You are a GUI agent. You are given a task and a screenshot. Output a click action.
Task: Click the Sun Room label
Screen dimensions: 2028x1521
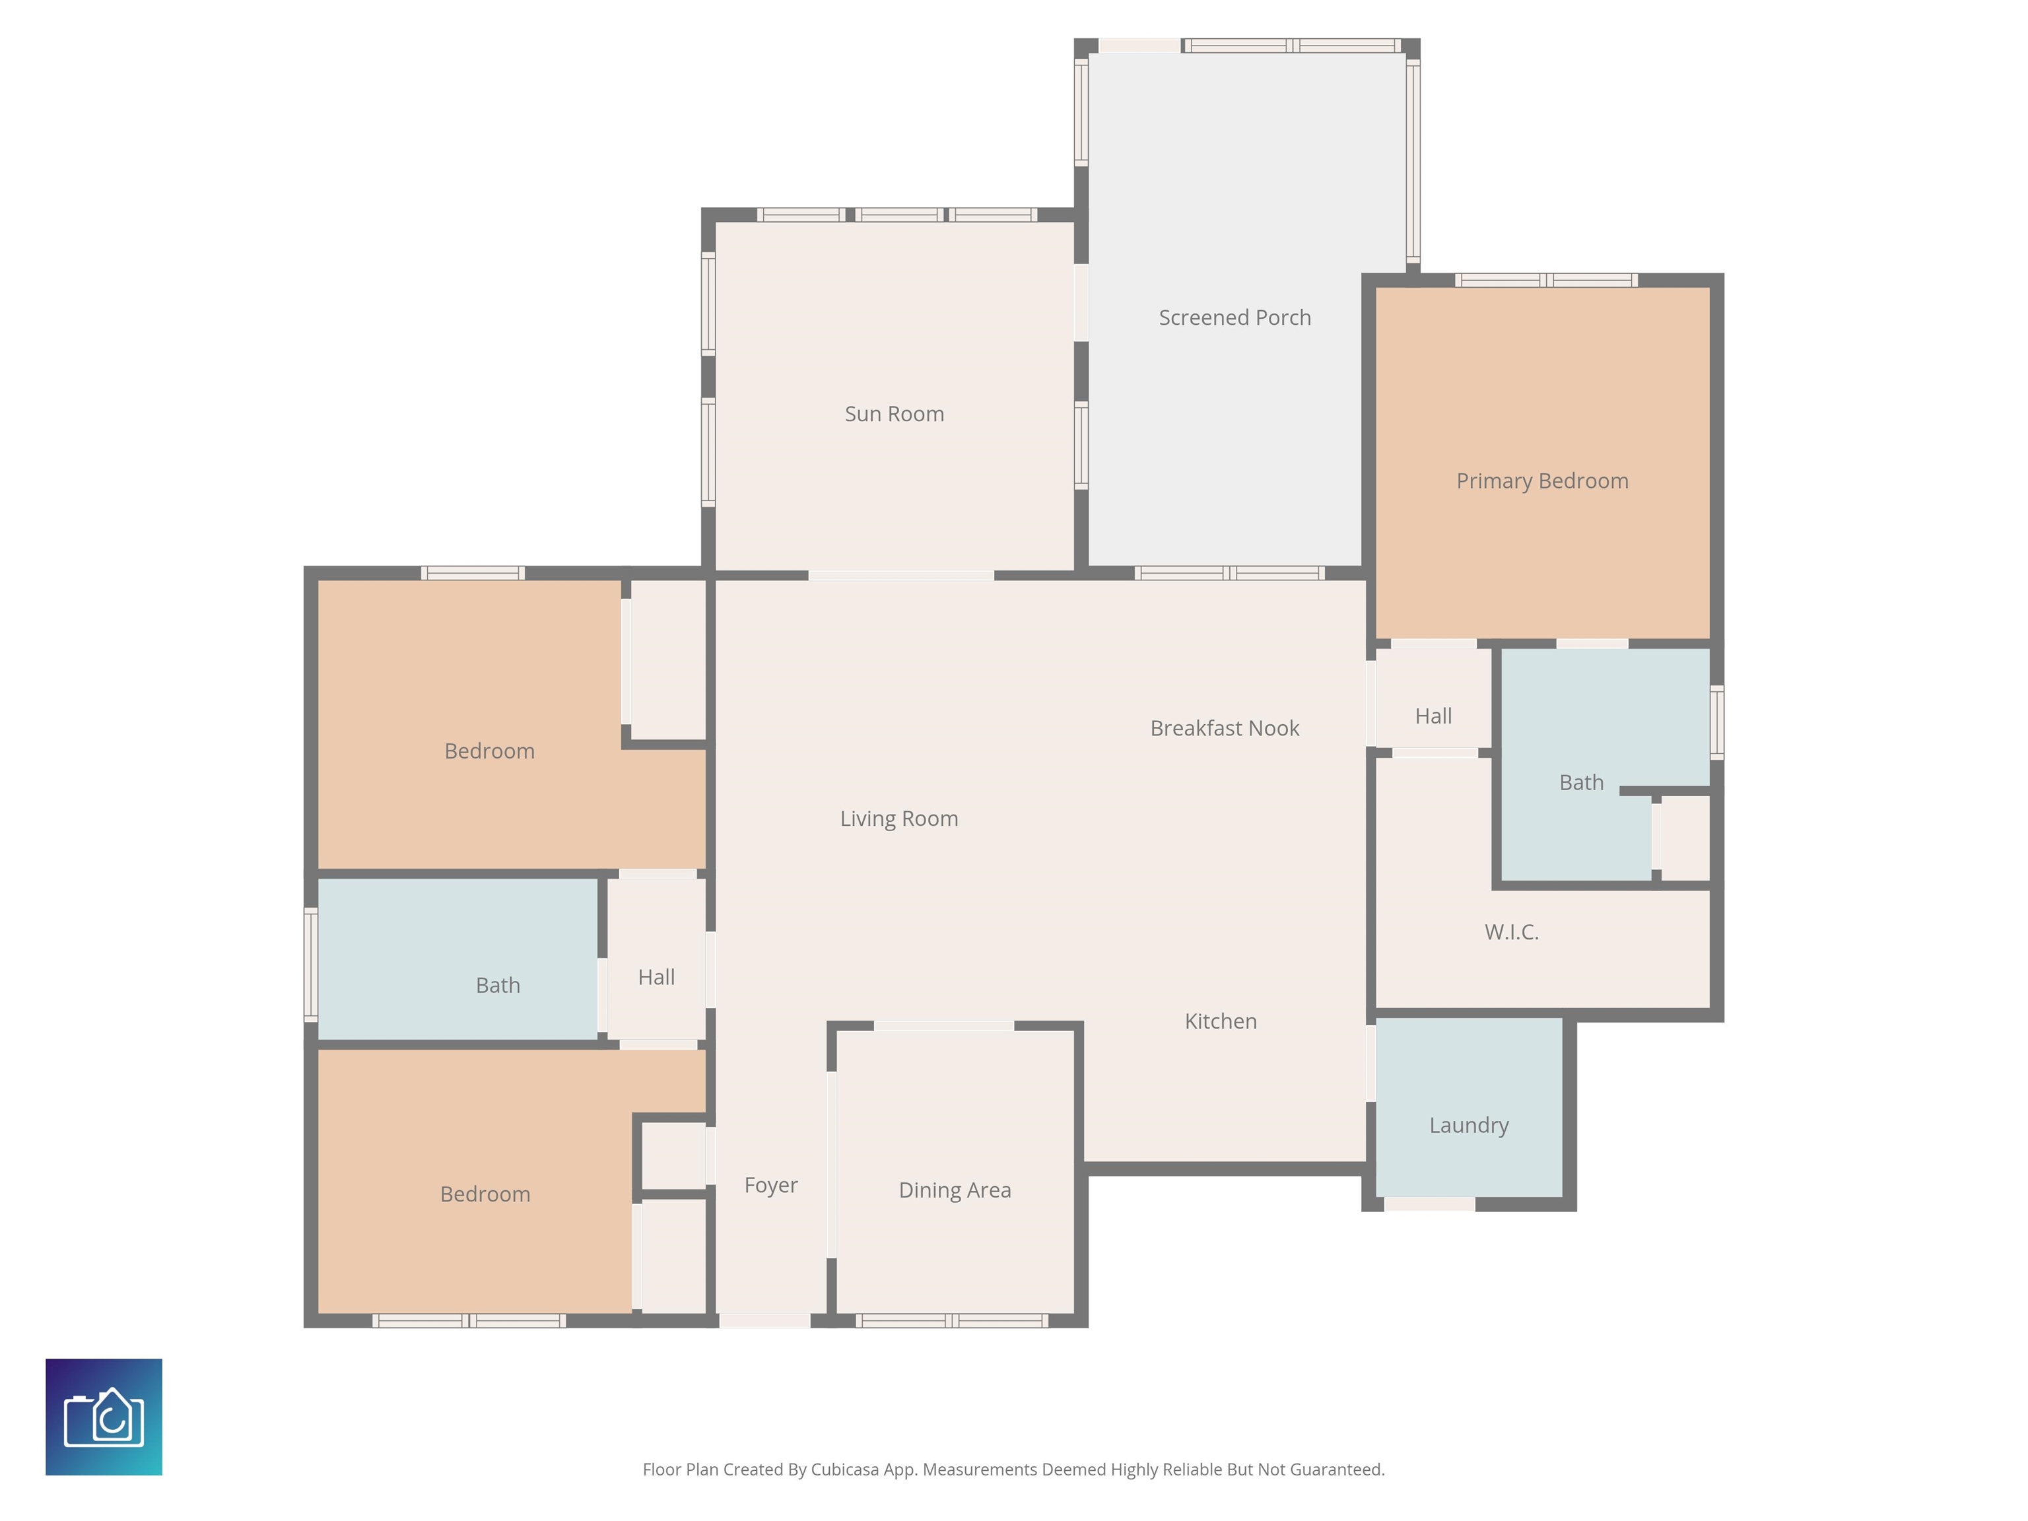click(894, 415)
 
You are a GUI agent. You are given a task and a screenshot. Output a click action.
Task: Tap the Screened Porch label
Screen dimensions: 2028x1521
click(1235, 318)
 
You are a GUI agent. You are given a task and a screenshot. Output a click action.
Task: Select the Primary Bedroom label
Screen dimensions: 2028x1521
click(1542, 481)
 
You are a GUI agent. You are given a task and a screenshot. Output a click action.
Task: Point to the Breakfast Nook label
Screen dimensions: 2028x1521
click(1225, 729)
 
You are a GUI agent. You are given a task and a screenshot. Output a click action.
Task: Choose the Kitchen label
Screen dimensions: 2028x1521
click(1220, 1021)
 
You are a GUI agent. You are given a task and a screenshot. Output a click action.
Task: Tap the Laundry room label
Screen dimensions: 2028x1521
click(1469, 1126)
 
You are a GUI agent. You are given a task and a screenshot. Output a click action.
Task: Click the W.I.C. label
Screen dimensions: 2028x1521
click(1512, 932)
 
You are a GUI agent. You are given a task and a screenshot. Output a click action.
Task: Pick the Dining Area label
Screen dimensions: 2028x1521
click(955, 1191)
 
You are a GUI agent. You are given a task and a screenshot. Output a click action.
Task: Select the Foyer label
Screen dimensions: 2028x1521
click(771, 1186)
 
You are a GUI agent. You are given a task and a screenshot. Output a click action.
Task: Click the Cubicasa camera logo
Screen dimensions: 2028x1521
click(104, 1417)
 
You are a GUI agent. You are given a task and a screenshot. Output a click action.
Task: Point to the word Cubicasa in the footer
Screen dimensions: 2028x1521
click(844, 1470)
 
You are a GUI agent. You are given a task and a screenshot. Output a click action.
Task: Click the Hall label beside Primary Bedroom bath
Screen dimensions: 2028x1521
click(1433, 717)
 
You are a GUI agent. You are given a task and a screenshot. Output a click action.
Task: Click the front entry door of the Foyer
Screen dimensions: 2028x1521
click(764, 1321)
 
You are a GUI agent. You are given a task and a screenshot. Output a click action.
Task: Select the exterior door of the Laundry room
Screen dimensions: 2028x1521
click(1429, 1205)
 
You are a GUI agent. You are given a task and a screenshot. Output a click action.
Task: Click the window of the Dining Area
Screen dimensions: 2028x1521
click(953, 1321)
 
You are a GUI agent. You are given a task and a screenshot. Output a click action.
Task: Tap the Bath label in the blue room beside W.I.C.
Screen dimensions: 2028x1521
click(1582, 783)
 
